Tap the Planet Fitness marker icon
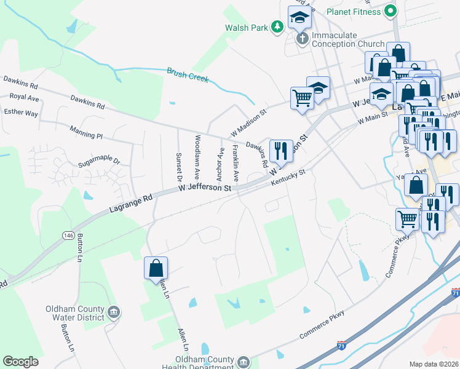390,11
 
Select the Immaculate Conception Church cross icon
302,39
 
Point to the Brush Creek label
188,75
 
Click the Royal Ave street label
24,97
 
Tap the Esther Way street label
21,113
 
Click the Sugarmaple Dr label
99,165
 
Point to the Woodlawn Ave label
197,157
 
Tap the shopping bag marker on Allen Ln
156,268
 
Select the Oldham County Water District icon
113,313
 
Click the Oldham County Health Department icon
244,362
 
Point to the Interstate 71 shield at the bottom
341,346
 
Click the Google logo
21,362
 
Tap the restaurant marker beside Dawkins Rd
281,150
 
